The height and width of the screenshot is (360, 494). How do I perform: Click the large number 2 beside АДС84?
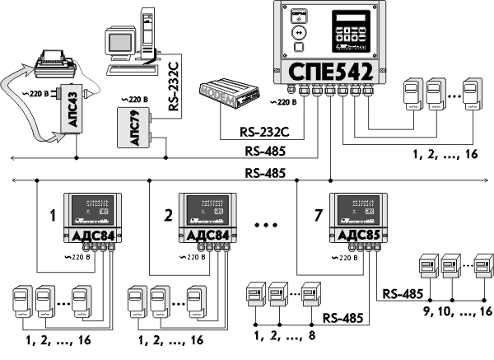[167, 217]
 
